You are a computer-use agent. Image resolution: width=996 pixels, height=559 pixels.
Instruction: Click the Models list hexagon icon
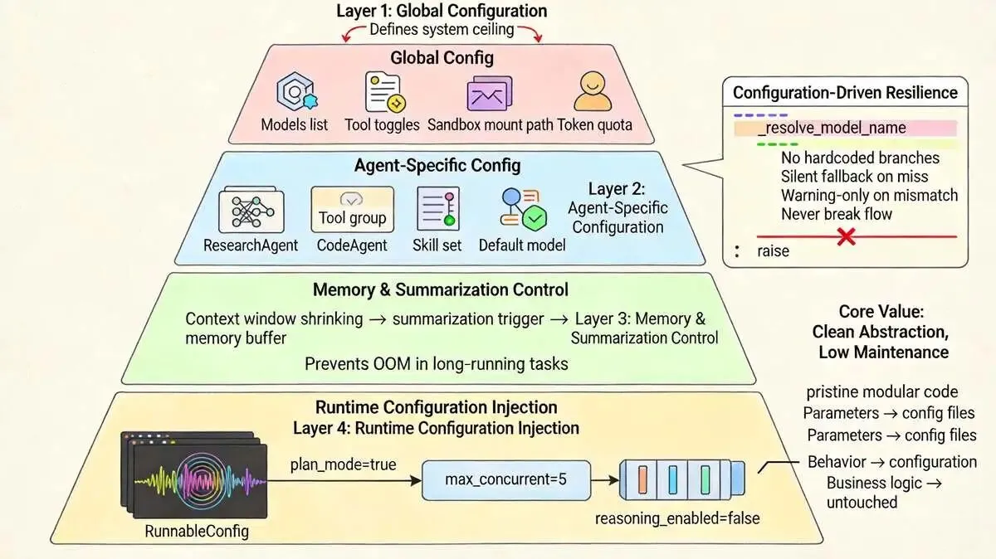(x=295, y=92)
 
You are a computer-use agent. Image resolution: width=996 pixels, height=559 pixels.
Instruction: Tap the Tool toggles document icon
(x=384, y=92)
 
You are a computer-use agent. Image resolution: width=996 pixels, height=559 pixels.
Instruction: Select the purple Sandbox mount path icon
(x=489, y=94)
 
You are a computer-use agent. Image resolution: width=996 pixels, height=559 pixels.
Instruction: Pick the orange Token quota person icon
(x=593, y=91)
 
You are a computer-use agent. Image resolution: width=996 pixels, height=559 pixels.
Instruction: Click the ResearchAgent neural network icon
(x=251, y=210)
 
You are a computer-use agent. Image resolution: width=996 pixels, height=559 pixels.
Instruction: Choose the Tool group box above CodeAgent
(x=352, y=209)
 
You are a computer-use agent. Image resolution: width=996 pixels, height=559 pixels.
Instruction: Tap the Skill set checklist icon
(x=438, y=209)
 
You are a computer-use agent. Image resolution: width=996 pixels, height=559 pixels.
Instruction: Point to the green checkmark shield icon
(x=535, y=218)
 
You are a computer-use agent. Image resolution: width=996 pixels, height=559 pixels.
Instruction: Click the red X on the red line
(x=846, y=237)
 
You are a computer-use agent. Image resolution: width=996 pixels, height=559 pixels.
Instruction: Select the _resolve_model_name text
(x=832, y=128)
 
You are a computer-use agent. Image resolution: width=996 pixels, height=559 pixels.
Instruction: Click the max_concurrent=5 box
(x=506, y=480)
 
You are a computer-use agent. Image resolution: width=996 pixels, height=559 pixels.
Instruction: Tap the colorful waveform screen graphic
(x=194, y=475)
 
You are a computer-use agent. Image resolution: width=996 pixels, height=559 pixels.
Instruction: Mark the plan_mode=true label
(x=343, y=464)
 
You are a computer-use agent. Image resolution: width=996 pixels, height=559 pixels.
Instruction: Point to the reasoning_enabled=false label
(x=677, y=518)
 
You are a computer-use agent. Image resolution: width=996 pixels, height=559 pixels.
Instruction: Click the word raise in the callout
(x=774, y=251)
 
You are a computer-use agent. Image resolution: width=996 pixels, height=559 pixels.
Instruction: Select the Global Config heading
(x=442, y=58)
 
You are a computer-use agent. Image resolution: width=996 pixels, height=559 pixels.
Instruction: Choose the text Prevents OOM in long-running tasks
(x=437, y=364)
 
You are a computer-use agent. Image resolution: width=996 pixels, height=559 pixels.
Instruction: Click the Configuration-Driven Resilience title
(x=845, y=92)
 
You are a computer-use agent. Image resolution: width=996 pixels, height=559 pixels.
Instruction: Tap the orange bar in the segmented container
(x=642, y=480)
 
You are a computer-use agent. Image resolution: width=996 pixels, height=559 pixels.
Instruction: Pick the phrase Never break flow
(x=837, y=214)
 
